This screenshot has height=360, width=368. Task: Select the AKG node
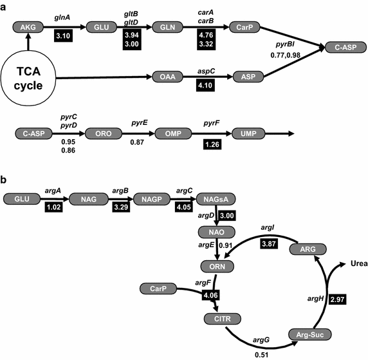click(28, 26)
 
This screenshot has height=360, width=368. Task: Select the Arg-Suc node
click(303, 334)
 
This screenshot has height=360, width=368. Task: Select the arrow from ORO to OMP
click(136, 134)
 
